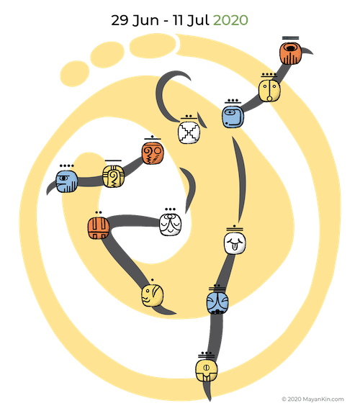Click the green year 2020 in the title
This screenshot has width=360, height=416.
click(230, 20)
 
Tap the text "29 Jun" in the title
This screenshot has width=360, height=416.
click(135, 20)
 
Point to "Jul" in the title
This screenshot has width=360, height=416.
click(198, 20)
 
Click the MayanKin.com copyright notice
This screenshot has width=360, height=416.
click(312, 399)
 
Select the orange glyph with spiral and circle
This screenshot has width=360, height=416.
click(153, 153)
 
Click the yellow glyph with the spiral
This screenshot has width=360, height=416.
click(113, 176)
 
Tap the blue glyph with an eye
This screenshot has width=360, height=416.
click(67, 181)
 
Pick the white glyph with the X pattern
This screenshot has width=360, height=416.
click(189, 132)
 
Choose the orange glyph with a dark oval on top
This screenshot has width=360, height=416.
click(291, 54)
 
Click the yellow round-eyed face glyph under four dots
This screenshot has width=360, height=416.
click(269, 91)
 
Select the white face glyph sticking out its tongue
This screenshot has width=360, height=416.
click(235, 243)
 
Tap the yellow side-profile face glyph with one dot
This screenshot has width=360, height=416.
click(153, 295)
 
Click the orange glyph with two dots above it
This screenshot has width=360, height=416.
click(99, 228)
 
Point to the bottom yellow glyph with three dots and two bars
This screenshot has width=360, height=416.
click(207, 370)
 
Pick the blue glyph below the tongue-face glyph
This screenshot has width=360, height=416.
click(217, 303)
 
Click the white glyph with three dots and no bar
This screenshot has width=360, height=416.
click(171, 225)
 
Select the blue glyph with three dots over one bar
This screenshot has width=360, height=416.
click(233, 117)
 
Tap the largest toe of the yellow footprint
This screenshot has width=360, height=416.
click(153, 46)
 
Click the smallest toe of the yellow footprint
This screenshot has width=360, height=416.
click(75, 73)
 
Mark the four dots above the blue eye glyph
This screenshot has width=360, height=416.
click(67, 166)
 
